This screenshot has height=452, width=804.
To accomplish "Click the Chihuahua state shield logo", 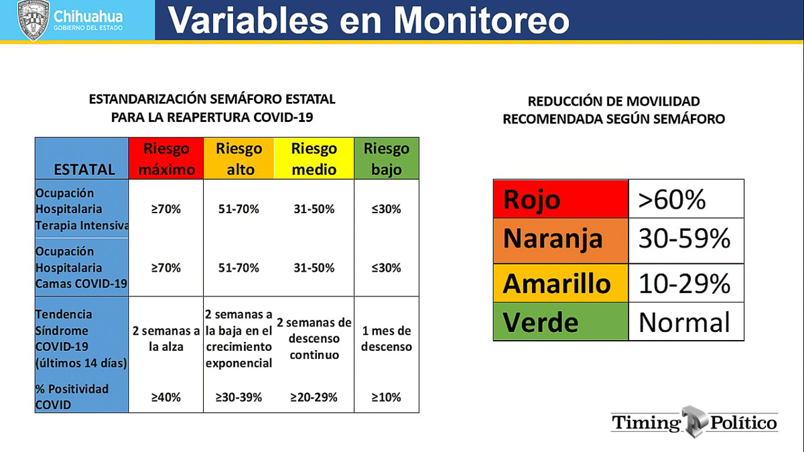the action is pyautogui.click(x=33, y=19).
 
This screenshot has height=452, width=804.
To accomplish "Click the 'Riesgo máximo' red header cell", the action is pyautogui.click(x=166, y=158).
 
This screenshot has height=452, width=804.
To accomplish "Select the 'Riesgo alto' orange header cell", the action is pyautogui.click(x=239, y=158).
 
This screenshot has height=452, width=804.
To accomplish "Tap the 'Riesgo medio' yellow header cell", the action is pyautogui.click(x=314, y=158).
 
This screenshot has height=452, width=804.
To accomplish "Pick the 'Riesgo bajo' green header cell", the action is pyautogui.click(x=387, y=158).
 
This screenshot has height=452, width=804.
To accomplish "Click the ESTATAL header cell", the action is pyautogui.click(x=82, y=158).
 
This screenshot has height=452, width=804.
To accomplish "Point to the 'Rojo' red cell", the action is pyautogui.click(x=561, y=199).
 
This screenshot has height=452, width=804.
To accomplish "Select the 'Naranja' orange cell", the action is pyautogui.click(x=561, y=241).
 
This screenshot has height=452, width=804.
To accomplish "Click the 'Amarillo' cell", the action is pyautogui.click(x=561, y=283).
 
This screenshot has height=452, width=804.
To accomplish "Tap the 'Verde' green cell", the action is pyautogui.click(x=561, y=321).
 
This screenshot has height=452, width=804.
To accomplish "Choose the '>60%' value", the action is pyautogui.click(x=671, y=199).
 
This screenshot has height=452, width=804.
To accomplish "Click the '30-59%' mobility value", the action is pyautogui.click(x=684, y=238).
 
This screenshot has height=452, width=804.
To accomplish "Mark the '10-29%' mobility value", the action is pyautogui.click(x=684, y=284).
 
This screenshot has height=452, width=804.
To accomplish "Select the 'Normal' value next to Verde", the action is pyautogui.click(x=684, y=323).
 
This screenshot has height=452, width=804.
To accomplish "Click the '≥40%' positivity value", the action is pyautogui.click(x=166, y=397).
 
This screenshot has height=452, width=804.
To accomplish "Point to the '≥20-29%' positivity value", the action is pyautogui.click(x=314, y=397).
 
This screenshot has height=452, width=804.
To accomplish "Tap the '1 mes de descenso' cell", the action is pyautogui.click(x=387, y=339).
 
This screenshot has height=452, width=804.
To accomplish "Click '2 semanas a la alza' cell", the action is pyautogui.click(x=166, y=339).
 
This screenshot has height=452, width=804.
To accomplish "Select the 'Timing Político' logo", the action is pyautogui.click(x=695, y=422).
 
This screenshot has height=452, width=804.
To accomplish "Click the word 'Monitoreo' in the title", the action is pyautogui.click(x=482, y=20).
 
